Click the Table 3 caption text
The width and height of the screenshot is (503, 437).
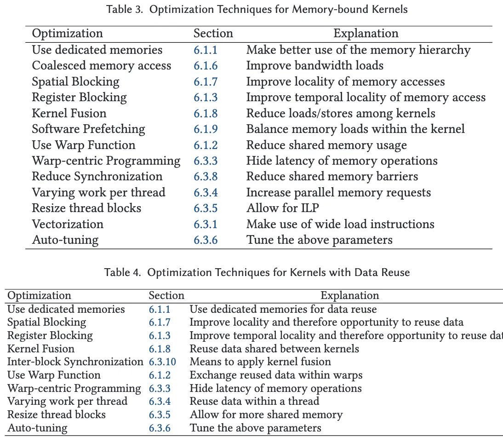click(257, 9)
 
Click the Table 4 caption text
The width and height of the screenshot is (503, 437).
click(257, 272)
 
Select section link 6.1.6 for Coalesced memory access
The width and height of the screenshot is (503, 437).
click(206, 66)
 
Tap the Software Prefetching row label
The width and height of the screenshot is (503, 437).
click(88, 129)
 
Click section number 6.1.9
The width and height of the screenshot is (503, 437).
click(206, 129)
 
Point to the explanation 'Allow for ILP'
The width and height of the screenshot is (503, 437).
click(282, 208)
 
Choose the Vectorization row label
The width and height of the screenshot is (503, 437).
click(68, 224)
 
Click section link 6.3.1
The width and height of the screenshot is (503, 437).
click(206, 224)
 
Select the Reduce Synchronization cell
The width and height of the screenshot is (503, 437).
click(97, 177)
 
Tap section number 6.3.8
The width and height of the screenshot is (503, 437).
click(206, 177)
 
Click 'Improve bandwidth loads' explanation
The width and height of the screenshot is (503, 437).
click(314, 66)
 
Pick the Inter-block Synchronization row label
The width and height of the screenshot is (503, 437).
click(75, 362)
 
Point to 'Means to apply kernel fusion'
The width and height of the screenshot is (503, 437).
click(260, 362)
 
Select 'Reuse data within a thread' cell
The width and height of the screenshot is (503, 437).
click(254, 402)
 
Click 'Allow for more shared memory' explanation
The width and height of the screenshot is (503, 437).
click(266, 415)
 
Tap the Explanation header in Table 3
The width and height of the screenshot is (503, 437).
click(366, 34)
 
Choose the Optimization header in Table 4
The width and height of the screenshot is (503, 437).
click(40, 296)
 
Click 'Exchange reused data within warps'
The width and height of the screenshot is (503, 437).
click(276, 375)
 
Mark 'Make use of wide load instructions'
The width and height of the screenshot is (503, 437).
click(340, 224)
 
